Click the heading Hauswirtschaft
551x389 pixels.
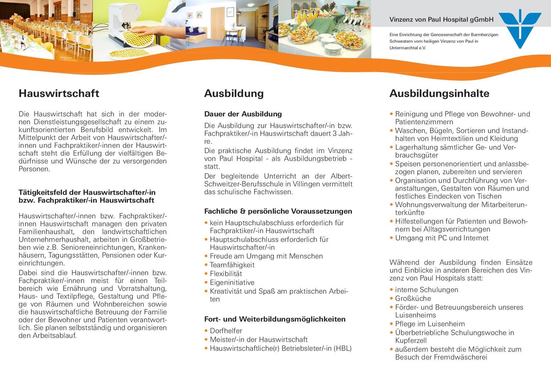59,93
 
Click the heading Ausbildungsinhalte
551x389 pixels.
439,93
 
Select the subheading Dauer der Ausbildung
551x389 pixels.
243,114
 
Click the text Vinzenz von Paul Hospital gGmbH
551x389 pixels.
441,20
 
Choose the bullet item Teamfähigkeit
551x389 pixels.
232,265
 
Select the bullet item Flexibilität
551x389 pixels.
226,273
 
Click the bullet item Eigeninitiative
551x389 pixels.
232,282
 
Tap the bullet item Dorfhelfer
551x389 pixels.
226,331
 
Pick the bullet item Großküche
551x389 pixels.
413,299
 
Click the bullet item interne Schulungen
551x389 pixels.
426,290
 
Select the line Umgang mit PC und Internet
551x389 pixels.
442,238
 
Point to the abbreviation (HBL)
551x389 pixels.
342,348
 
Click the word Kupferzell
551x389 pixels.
411,341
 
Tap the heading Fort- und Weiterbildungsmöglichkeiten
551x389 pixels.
274,319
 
